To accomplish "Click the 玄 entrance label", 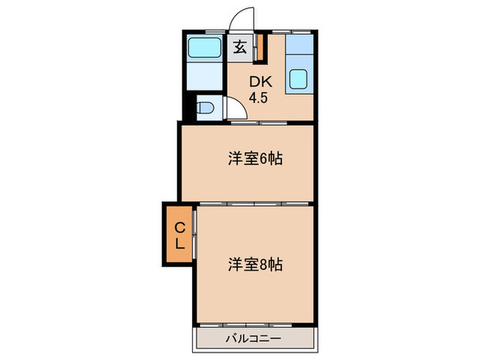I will click(x=241, y=48).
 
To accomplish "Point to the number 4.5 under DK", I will click(x=259, y=97).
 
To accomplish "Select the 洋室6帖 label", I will click(x=256, y=160).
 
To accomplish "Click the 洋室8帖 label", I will click(x=256, y=263).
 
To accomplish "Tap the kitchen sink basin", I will click(x=298, y=80).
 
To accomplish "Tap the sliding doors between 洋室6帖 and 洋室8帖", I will click(x=255, y=204).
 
